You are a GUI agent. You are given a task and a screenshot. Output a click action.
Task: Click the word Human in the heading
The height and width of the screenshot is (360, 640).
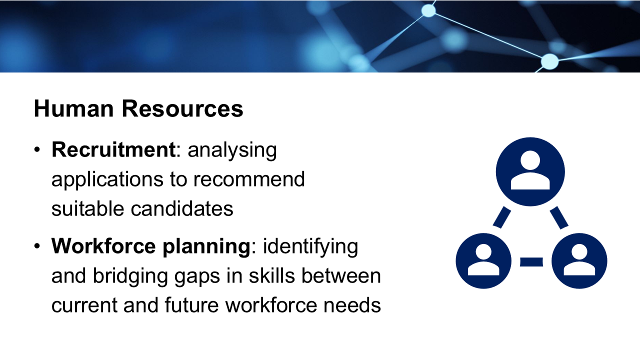[x=73, y=108]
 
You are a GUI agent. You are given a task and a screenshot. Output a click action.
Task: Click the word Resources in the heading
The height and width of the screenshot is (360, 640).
[x=182, y=108]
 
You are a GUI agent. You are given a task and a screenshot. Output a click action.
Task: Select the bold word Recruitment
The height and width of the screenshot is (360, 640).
[x=113, y=149]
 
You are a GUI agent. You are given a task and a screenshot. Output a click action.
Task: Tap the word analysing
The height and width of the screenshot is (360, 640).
[x=232, y=151]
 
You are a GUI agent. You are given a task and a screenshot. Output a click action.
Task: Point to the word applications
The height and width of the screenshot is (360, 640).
[x=107, y=180]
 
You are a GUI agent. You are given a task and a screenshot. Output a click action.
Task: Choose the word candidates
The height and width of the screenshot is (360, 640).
[x=182, y=208]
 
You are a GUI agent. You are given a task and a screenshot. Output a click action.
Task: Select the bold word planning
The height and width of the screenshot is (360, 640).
[x=206, y=247]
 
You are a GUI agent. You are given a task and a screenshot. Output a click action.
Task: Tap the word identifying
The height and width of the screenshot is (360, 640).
[x=310, y=247]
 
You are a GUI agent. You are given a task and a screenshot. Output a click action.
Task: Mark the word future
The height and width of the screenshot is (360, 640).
[x=191, y=305]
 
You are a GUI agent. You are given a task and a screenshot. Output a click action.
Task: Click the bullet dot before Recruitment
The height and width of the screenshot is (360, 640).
[x=37, y=149]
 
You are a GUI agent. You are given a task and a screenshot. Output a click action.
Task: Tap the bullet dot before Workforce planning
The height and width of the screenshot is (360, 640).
[x=37, y=246]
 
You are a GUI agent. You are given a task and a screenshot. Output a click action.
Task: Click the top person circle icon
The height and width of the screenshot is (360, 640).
[x=530, y=171]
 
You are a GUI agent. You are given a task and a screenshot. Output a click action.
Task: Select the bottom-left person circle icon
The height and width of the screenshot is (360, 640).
[x=483, y=261]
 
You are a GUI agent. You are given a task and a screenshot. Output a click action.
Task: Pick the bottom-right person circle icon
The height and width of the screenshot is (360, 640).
[x=579, y=261]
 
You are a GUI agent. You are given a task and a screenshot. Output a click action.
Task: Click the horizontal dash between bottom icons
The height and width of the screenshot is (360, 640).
[x=531, y=261]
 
